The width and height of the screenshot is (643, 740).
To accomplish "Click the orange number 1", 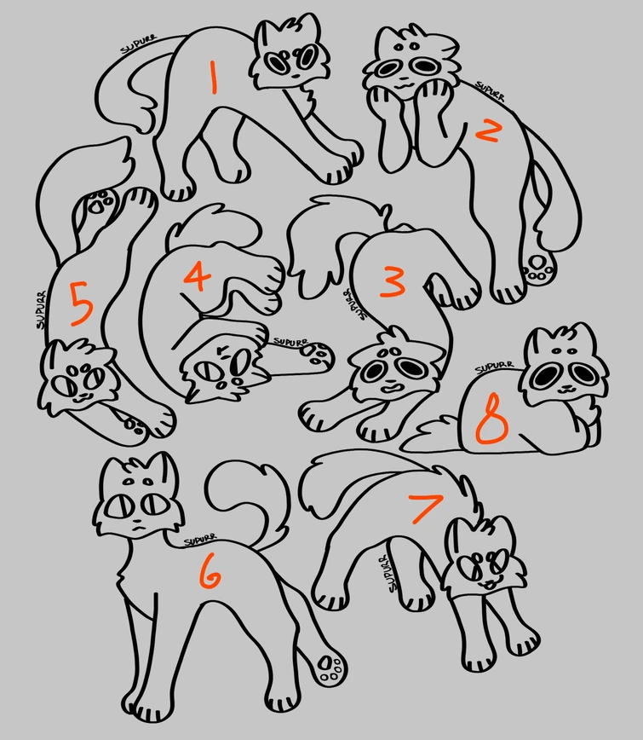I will pos(214,77).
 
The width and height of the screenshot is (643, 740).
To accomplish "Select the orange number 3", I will pos(393,281).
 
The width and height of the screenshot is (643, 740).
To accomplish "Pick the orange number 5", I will pos(80,305).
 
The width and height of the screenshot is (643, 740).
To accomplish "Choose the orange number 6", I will pos(210,577).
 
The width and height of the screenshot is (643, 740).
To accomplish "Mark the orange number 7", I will pos(425,508).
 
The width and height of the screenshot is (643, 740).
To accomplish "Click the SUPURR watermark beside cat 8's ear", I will pos(493,367).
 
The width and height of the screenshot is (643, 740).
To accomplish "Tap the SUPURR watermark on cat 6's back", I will pos(201,540).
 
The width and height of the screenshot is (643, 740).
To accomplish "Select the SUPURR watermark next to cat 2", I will pos(491,90).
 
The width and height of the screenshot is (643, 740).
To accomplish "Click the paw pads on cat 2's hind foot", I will pos(537,267).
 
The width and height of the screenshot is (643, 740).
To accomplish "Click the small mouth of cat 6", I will pos(136,530).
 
